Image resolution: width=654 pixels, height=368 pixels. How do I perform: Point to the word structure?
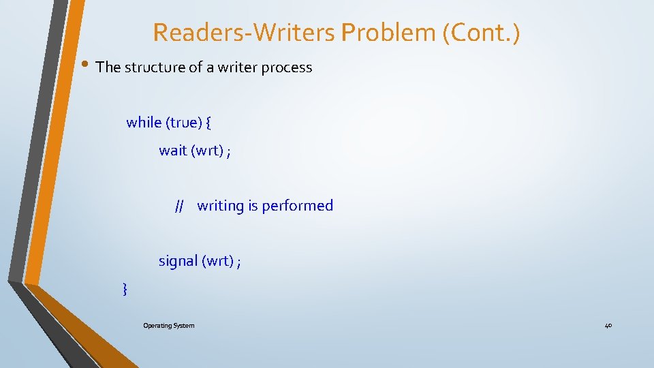coord(155,67)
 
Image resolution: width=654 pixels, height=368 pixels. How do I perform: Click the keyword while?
coord(144,123)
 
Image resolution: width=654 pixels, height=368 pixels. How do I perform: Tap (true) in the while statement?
coord(183,123)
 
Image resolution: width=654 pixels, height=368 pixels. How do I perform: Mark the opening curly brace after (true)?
coord(208,123)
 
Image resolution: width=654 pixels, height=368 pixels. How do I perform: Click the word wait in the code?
coord(173,151)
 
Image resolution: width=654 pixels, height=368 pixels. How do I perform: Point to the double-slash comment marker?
coord(180,206)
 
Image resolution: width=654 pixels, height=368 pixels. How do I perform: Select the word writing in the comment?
coord(220,206)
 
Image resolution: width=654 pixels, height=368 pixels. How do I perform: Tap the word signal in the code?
coord(178,261)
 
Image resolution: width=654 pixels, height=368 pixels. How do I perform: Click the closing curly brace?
coord(124,290)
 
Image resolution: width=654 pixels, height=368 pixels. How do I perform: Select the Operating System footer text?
coord(168,326)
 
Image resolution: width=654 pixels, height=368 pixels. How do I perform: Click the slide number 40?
coord(608,326)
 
